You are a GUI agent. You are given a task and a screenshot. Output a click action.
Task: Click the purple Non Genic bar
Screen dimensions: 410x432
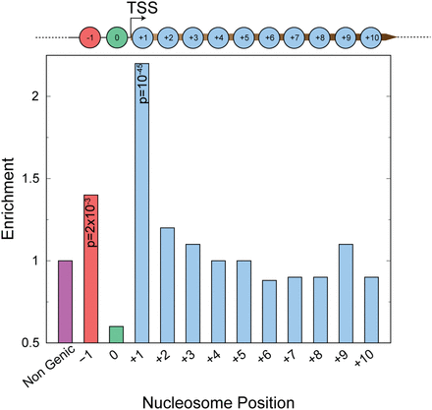[x=65, y=301]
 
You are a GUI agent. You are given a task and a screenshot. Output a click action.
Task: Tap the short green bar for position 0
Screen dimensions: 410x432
[x=116, y=333]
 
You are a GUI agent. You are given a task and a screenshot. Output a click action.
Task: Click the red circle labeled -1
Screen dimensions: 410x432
[x=91, y=38]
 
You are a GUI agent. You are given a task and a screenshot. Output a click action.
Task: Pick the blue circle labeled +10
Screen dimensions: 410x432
[x=372, y=38]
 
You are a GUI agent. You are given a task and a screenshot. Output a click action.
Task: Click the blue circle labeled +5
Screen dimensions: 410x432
[x=244, y=38]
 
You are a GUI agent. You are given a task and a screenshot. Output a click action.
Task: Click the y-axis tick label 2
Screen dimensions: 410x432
[x=38, y=96]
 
